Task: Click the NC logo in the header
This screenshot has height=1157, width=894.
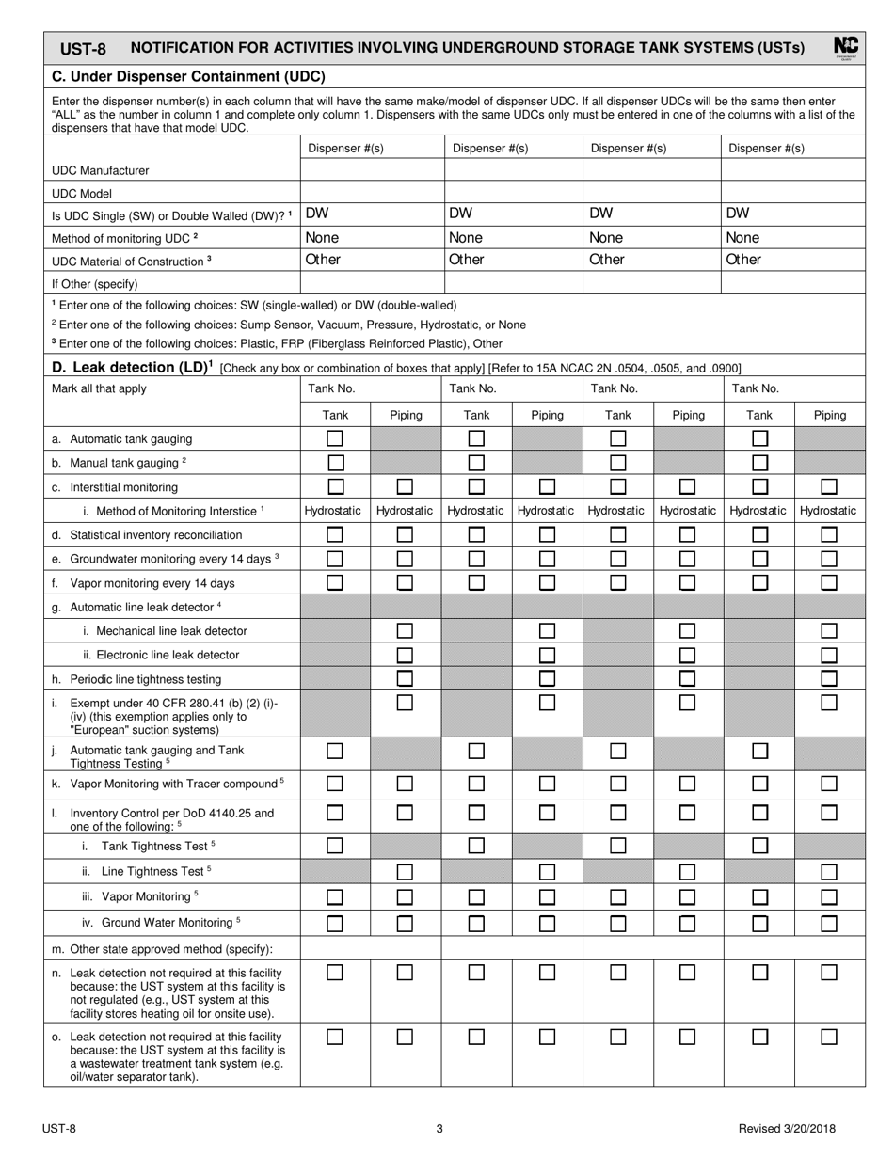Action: point(845,47)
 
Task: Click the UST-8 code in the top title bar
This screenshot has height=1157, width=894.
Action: point(83,49)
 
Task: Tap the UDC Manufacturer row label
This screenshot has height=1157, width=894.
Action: point(101,170)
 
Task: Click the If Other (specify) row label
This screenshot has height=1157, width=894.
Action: point(95,283)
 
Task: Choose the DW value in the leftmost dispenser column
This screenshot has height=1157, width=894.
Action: point(317,214)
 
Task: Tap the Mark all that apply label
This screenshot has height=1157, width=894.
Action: point(92,388)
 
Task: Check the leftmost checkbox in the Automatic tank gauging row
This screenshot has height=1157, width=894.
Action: point(335,438)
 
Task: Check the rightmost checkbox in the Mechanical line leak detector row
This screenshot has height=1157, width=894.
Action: point(829,630)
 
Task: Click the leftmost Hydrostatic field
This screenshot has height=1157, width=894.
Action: point(335,511)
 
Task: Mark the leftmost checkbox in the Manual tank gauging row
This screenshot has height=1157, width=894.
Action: point(335,463)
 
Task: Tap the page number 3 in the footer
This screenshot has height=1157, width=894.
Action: point(439,1129)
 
